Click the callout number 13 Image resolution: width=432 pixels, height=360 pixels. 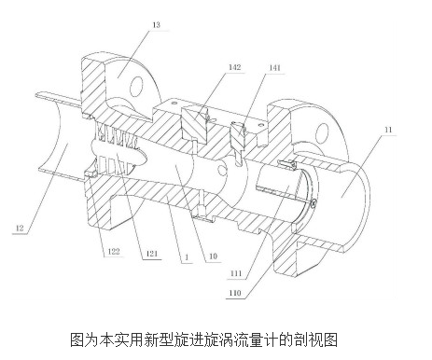tap(156, 24)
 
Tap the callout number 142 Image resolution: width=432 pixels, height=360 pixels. tap(234, 67)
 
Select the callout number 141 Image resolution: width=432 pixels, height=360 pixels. tap(274, 67)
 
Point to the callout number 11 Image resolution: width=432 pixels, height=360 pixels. tap(388, 130)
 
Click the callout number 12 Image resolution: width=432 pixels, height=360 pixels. tap(20, 228)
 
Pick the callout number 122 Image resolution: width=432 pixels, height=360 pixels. tap(113, 251)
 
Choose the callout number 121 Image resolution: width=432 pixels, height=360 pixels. tap(151, 254)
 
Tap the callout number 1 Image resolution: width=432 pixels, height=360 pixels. tap(187, 257)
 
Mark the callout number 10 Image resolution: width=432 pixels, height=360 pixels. tap(213, 256)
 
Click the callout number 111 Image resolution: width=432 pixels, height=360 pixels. tap(236, 273)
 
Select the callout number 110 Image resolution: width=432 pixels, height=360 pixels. tap(235, 293)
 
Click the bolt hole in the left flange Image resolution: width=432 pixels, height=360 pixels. tap(136, 86)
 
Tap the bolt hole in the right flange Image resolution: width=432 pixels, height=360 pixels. tap(322, 133)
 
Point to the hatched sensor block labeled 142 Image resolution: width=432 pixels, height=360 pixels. tap(193, 124)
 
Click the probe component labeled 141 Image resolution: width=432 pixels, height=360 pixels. tap(238, 144)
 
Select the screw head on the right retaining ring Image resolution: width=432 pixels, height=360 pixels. tap(314, 203)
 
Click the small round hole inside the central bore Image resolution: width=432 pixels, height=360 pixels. tap(222, 170)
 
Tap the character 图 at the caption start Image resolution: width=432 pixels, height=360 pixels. tap(77, 339)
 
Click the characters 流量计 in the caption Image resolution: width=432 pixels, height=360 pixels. tap(257, 339)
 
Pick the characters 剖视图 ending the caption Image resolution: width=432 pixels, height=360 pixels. tap(319, 339)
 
